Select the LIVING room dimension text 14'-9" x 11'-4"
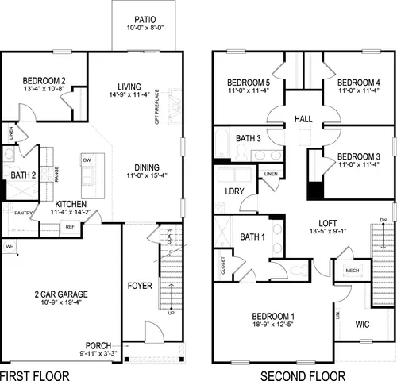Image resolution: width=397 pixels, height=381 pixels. pos(129,97)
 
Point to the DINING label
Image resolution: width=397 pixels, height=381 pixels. pos(147,167)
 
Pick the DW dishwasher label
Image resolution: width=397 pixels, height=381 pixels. pos(86,160)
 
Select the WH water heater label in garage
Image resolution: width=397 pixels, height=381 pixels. pos(10,248)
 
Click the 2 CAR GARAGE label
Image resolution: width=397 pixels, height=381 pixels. pos(61,294)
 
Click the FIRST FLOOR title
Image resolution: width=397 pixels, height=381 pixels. pos(35,374)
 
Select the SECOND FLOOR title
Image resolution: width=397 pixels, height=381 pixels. pos(305,374)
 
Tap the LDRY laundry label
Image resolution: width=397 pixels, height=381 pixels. pos(235,191)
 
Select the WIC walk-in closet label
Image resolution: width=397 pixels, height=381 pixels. pos(363,325)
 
